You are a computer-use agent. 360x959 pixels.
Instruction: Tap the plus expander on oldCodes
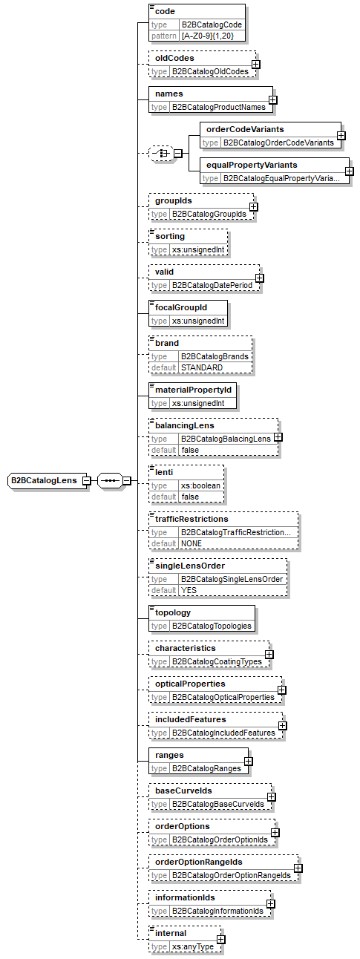point(255,65)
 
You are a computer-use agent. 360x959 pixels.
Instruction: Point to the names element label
point(168,94)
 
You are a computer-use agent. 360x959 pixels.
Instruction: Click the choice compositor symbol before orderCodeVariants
point(160,154)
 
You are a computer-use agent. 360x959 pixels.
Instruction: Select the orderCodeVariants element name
point(244,129)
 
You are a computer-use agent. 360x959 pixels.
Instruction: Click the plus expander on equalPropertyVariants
point(349,171)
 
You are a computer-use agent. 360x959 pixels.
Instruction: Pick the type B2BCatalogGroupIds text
point(210,215)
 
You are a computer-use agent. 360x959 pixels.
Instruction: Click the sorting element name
point(169,236)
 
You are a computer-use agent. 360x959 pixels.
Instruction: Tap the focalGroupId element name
point(180,307)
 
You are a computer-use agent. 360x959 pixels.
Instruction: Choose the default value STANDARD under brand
point(202,367)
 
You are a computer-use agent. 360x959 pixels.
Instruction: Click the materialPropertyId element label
point(193,389)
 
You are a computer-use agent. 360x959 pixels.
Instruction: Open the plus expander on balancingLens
point(278,437)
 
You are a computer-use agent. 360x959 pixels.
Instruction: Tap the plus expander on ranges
point(248,761)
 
